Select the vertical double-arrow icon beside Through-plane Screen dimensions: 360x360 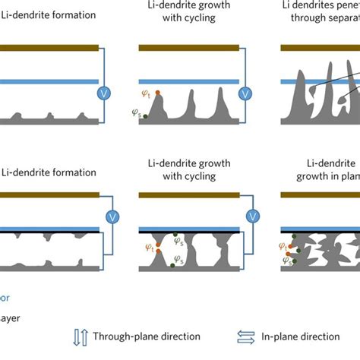point(82,336)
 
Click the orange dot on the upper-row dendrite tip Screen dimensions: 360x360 point(157,93)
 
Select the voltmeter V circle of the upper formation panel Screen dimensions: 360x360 point(105,93)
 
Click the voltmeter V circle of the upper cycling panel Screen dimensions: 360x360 point(245,93)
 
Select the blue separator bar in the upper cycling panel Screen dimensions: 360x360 point(189,81)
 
